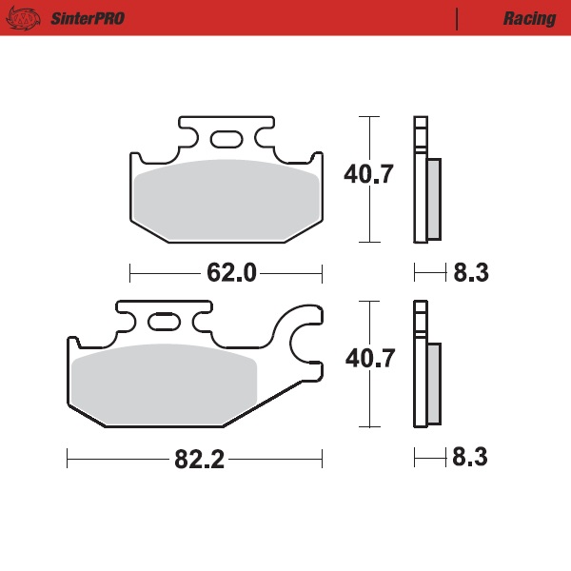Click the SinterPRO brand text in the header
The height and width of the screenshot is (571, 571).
[x=86, y=19]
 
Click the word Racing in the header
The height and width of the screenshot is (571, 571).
[x=530, y=19]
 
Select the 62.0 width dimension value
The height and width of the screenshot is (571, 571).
[x=231, y=274]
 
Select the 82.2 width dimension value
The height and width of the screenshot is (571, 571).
[x=198, y=460]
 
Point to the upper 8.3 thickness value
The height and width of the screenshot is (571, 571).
[x=470, y=274]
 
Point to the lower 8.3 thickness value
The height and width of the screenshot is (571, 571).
[x=470, y=459]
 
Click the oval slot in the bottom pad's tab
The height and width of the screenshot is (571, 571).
[x=163, y=325]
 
